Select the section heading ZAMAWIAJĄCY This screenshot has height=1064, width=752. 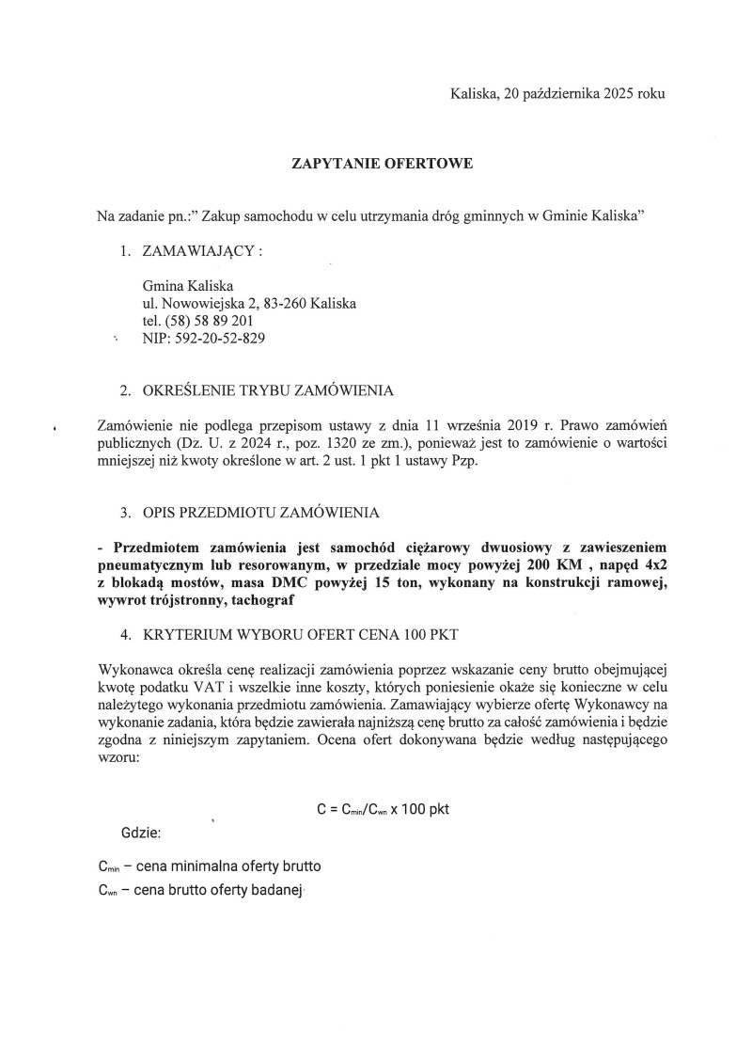tap(200, 253)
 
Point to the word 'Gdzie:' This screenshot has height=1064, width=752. tap(141, 834)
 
